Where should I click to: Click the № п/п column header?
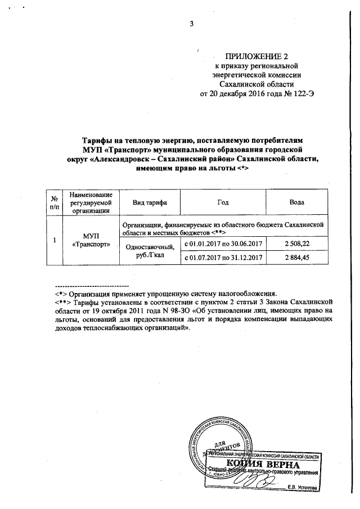[55, 202]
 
